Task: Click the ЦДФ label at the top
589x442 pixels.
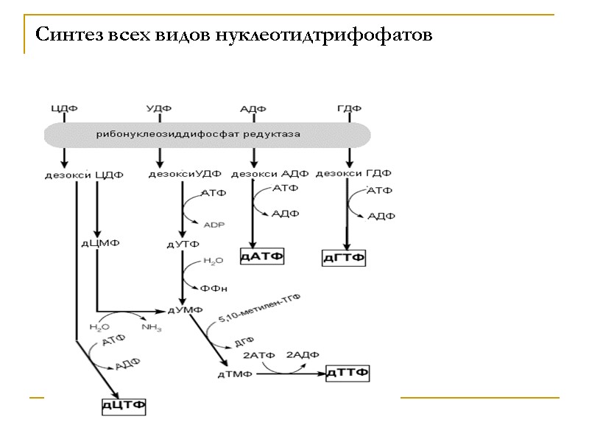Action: (x=65, y=109)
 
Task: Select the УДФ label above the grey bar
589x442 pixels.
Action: (x=159, y=109)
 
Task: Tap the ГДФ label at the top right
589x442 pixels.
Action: (x=349, y=109)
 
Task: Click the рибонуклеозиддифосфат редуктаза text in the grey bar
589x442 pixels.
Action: (x=199, y=134)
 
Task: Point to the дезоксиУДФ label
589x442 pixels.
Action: (x=185, y=175)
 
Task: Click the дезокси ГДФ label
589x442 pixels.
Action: (x=353, y=174)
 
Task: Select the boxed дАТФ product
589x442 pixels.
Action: (x=262, y=256)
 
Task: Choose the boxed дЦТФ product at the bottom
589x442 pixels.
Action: (x=124, y=405)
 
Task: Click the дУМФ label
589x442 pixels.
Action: (x=186, y=310)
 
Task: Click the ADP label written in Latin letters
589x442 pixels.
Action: (x=214, y=225)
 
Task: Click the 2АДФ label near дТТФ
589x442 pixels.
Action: (x=302, y=355)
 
